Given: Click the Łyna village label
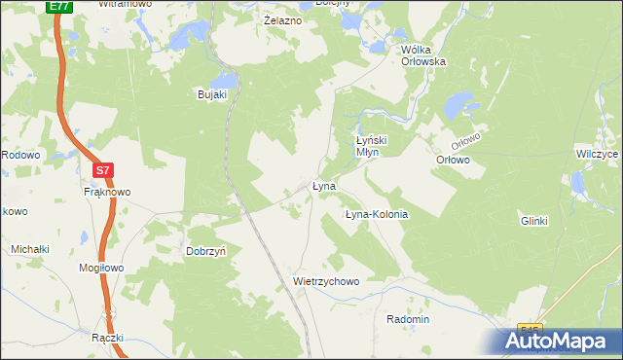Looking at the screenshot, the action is (324, 186).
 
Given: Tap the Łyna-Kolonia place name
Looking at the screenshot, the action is (377, 214).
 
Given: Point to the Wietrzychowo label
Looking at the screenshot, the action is (326, 281).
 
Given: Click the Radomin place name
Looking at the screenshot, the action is (408, 319).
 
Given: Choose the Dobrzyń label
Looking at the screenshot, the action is (206, 250).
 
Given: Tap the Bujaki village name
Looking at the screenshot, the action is (212, 94).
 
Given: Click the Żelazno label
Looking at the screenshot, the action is (282, 19).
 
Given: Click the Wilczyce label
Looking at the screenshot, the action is (597, 155).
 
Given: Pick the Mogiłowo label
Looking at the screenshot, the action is (101, 268).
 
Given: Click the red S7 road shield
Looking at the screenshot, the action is (104, 170).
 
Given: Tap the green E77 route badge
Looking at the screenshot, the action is (58, 6).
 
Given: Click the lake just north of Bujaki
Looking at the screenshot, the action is (225, 77).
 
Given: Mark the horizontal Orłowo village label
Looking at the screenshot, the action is (453, 160).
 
